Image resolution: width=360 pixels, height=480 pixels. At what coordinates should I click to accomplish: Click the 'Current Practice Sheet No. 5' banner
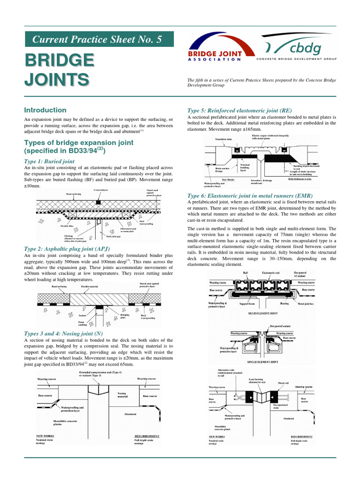98,39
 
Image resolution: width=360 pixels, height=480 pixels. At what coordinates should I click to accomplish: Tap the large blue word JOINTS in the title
57,79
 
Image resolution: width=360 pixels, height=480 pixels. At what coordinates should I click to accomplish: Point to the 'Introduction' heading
45,110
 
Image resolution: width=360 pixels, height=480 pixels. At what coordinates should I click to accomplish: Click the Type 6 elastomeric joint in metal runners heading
250,195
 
